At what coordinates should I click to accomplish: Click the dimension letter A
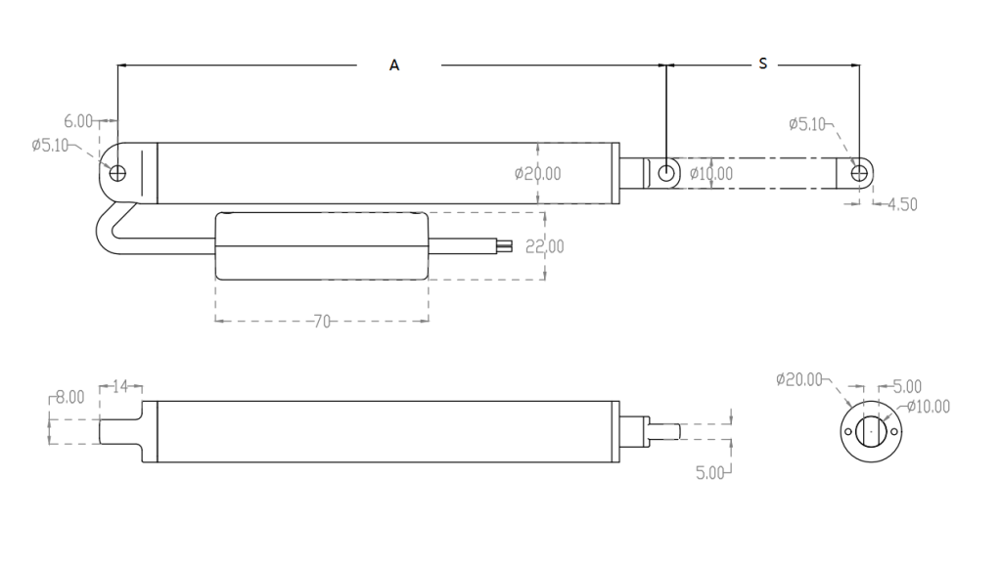(x=394, y=65)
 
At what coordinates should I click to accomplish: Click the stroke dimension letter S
(x=763, y=65)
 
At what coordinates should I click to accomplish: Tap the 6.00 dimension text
(x=78, y=122)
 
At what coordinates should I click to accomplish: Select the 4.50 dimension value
(x=901, y=204)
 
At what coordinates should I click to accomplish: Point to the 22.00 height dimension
(x=544, y=246)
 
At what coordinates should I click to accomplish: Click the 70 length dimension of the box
(x=320, y=321)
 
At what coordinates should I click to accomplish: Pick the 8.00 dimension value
(x=69, y=398)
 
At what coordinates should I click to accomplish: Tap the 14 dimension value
(x=121, y=387)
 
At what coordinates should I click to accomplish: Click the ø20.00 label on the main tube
(x=538, y=174)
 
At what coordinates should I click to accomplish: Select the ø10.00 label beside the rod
(x=712, y=174)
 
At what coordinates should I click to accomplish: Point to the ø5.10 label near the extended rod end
(x=807, y=124)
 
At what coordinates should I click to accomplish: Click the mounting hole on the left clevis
(x=118, y=174)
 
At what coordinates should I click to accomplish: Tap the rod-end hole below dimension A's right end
(x=666, y=173)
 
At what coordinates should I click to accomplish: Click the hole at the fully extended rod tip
(x=859, y=173)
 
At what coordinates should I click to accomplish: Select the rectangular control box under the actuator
(x=321, y=246)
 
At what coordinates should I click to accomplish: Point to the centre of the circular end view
(x=868, y=430)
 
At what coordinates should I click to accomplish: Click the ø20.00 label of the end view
(x=799, y=379)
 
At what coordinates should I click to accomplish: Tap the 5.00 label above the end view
(x=906, y=387)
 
